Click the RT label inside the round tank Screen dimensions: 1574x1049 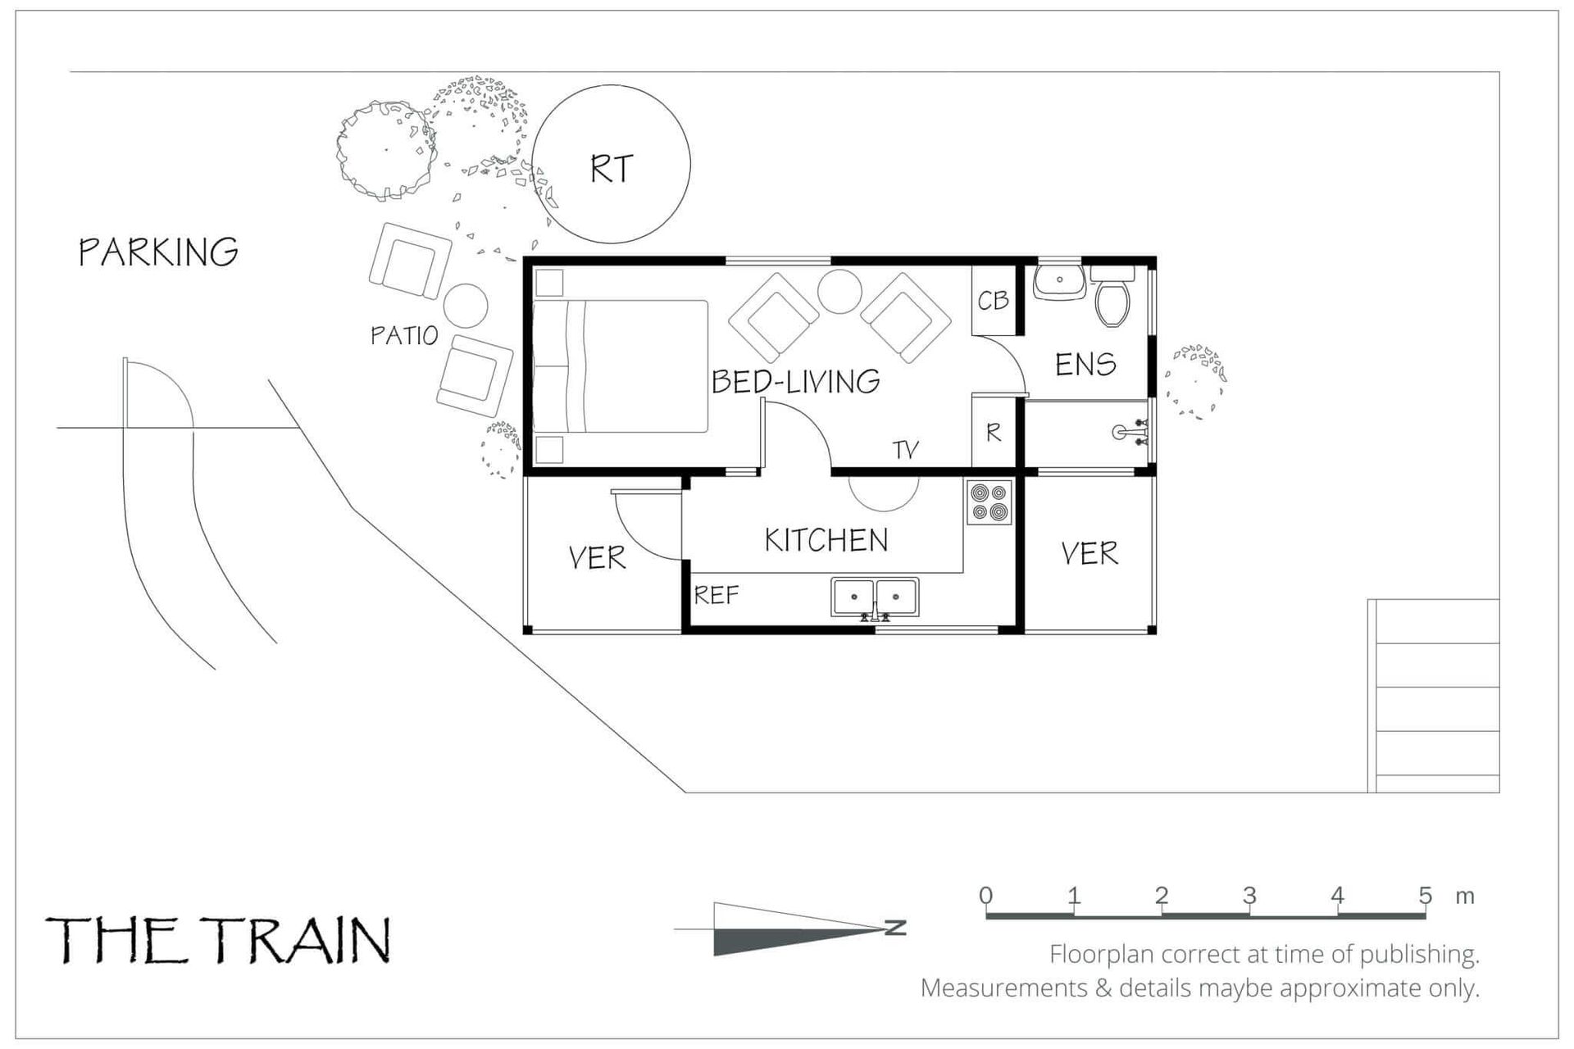pos(612,169)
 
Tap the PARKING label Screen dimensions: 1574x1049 pos(158,252)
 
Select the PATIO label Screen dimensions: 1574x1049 pos(404,335)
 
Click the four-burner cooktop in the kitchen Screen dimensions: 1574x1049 pos(989,502)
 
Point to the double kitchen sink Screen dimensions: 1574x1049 pos(875,597)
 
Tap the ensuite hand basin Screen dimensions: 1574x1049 pos(1059,280)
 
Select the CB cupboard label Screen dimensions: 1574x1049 pos(993,301)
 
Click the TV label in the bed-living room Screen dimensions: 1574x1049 pos(906,450)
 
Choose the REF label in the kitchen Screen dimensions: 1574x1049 pos(716,595)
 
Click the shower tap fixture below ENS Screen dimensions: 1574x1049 pos(1131,432)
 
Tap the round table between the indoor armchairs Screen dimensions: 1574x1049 pos(839,291)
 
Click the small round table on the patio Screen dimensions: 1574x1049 pos(466,306)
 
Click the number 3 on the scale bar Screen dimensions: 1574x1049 pos(1249,895)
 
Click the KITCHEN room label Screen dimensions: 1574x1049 pos(826,540)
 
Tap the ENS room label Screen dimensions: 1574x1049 pos(1085,364)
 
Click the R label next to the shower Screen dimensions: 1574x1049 pos(994,433)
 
